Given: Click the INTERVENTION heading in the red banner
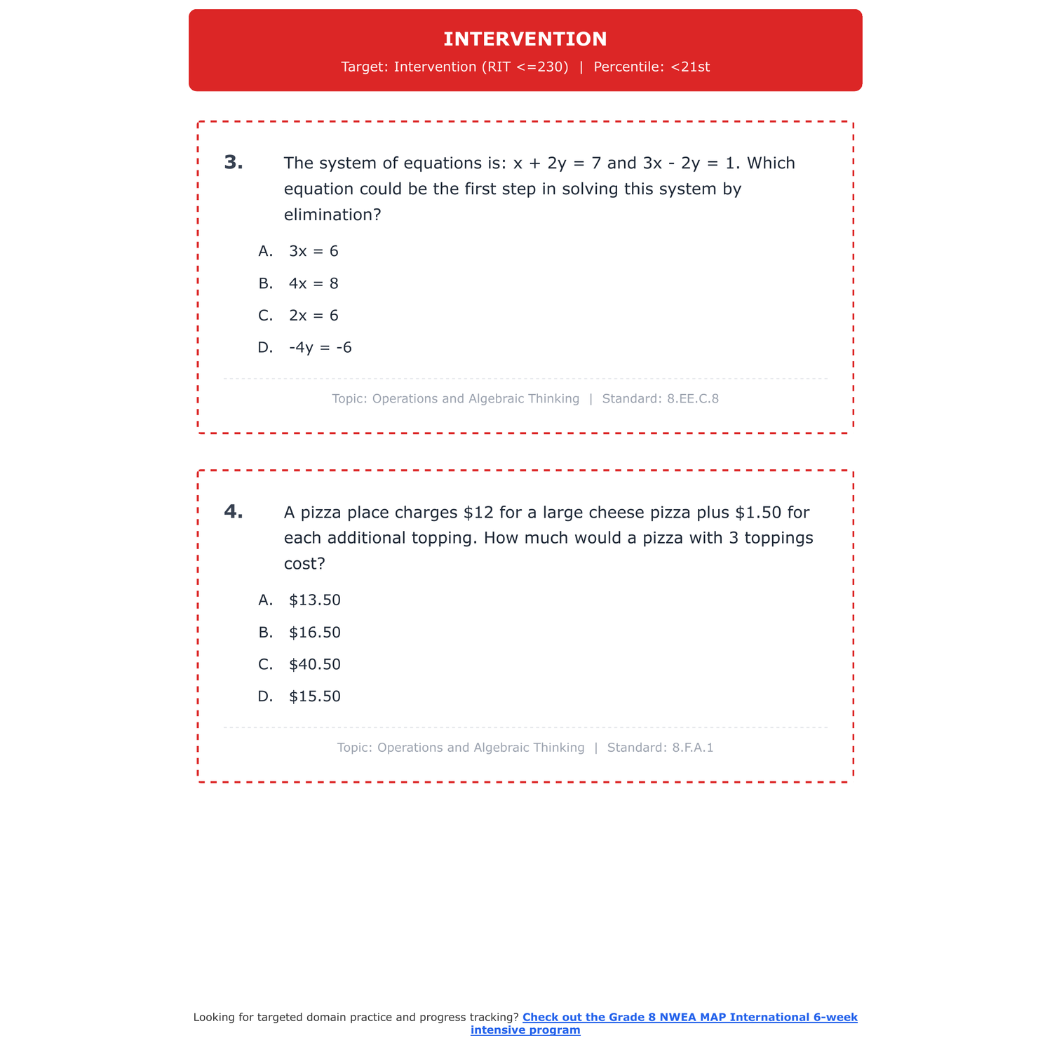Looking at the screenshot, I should coord(525,39).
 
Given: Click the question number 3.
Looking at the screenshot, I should coord(234,163).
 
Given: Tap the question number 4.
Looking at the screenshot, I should coord(234,512).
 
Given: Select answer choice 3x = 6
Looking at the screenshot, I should coord(313,251).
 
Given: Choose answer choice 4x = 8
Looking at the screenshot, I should coord(313,283).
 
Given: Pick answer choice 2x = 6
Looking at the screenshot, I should coord(313,316).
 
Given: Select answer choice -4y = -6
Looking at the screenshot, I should coord(320,348).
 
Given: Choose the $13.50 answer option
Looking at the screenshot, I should coord(314,600).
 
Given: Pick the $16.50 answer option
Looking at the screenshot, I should coord(314,633).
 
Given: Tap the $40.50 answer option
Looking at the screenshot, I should coord(314,665).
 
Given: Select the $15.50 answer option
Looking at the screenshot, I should coord(314,696).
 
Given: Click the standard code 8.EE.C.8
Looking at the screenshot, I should coord(693,399).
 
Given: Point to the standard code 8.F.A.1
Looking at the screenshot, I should coord(692,748).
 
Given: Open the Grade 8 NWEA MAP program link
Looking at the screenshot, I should coord(689,1018).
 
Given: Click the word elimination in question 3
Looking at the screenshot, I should coord(325,215).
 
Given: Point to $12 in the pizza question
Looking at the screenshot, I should coord(478,513).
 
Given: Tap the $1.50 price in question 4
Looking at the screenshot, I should coord(757,513).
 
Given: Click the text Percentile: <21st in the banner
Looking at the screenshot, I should coord(652,67).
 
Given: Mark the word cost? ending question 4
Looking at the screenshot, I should coord(304,564).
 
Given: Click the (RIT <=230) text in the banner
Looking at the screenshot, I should coord(525,67).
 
